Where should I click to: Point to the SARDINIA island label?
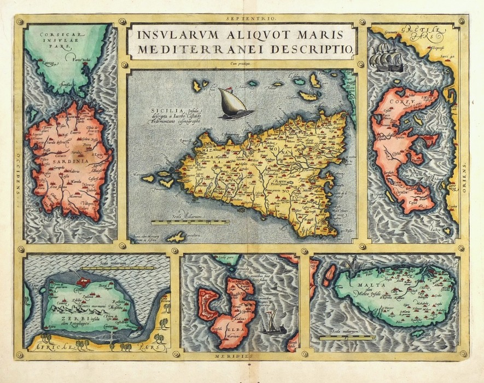[63, 162]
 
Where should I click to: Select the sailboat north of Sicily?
[234, 103]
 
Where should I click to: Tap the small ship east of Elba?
[271, 322]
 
